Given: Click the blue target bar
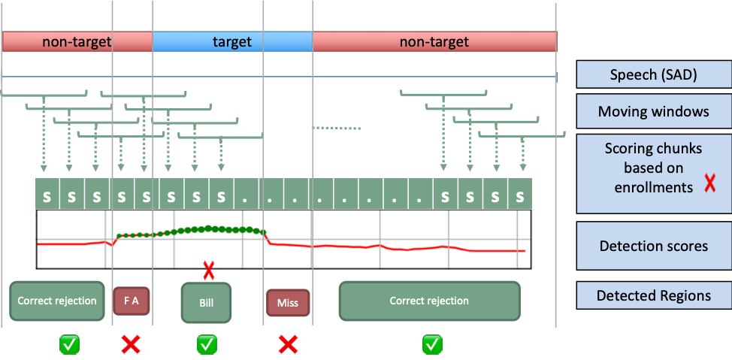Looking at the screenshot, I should (x=232, y=42).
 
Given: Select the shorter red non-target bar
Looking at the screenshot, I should (x=77, y=42).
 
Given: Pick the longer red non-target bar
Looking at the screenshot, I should (x=434, y=42).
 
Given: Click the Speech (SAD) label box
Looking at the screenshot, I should (x=653, y=75).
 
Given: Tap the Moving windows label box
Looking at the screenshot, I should (x=653, y=111).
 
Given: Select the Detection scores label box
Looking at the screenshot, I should (x=653, y=246).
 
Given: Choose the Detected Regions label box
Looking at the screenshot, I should (x=653, y=295).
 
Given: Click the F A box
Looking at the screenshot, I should (x=132, y=301).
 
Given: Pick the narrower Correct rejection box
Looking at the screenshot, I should (x=57, y=301).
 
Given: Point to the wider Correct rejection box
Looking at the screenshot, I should (x=429, y=301).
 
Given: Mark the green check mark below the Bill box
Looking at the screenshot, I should (x=207, y=344).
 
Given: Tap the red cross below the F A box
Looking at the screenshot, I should (x=132, y=344).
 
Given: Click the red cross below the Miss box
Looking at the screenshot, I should (x=288, y=344).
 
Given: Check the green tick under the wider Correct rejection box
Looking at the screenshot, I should (x=431, y=344).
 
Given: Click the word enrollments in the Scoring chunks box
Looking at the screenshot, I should (x=653, y=187).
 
